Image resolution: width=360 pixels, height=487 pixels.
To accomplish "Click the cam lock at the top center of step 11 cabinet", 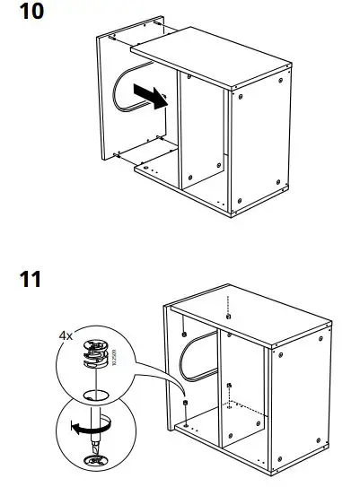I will [x=230, y=316].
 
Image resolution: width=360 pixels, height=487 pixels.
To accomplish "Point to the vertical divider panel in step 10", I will [x=199, y=135].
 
